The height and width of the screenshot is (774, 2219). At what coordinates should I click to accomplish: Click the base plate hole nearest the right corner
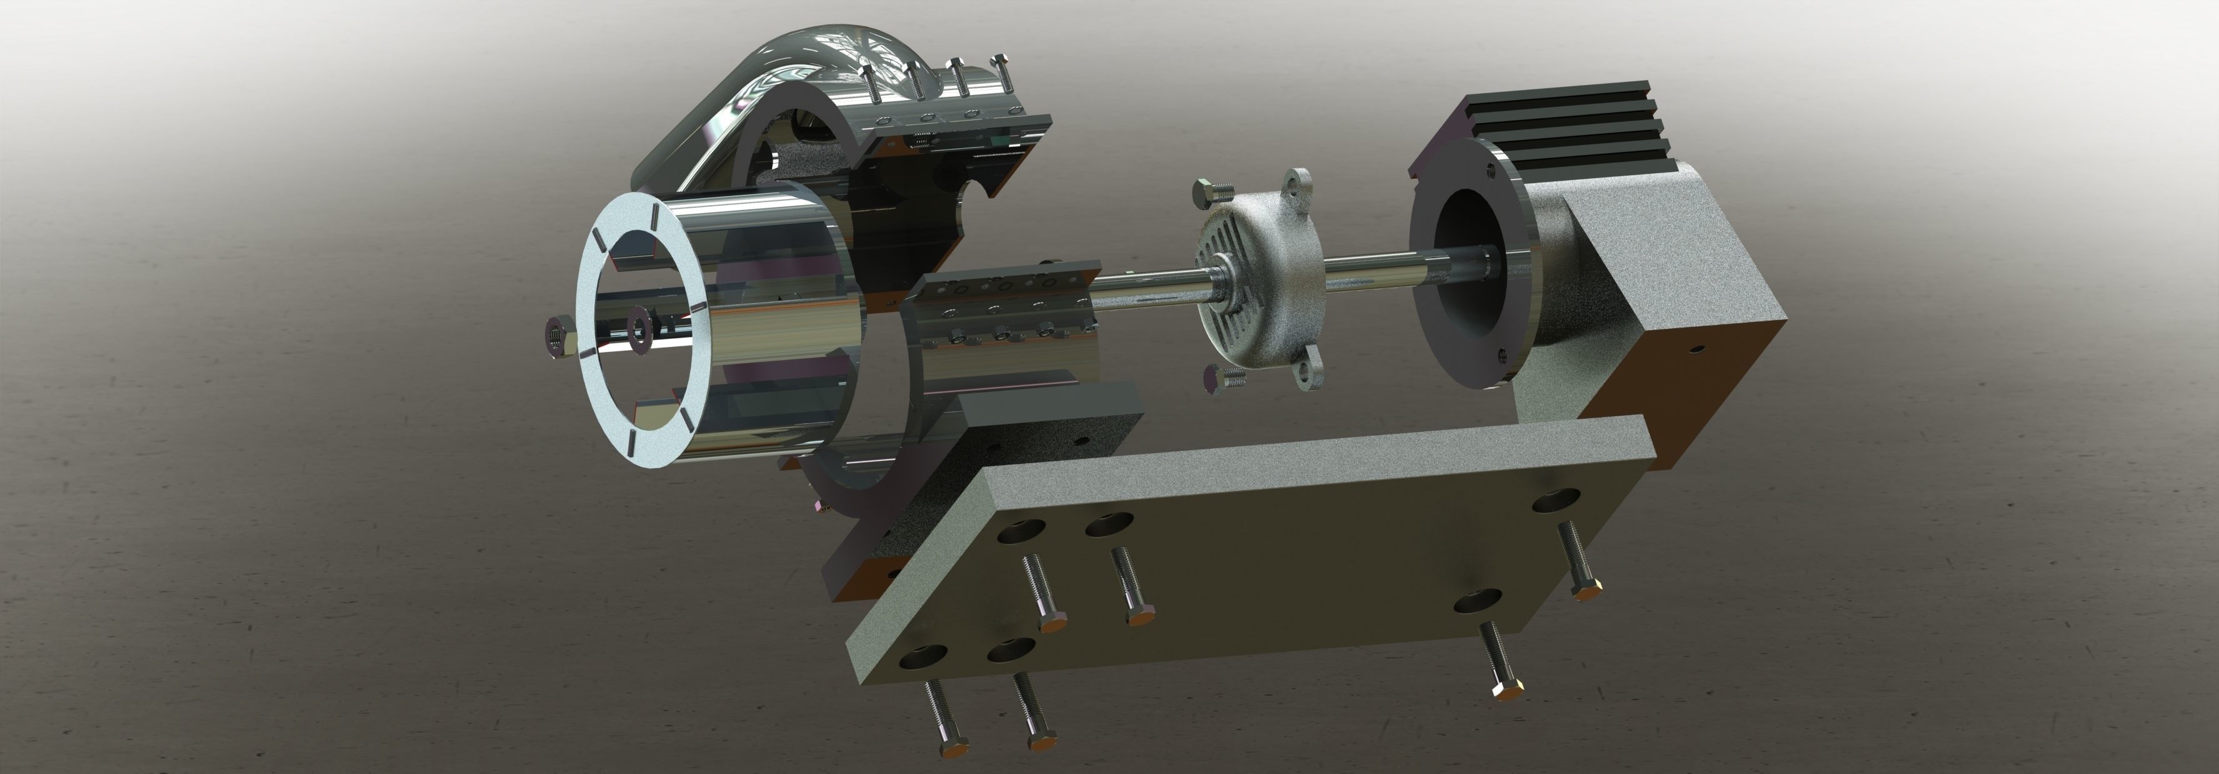pyautogui.click(x=1556, y=500)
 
